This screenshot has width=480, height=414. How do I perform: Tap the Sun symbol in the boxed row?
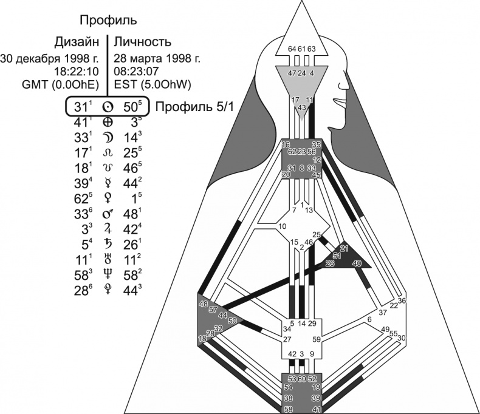pyautogui.click(x=107, y=107)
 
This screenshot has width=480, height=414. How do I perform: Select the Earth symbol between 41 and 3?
pyautogui.click(x=107, y=122)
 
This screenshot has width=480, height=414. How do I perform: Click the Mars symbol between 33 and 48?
pyautogui.click(x=107, y=213)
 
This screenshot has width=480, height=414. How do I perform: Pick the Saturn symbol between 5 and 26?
pyautogui.click(x=107, y=243)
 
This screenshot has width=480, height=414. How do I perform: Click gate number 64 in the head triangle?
pyautogui.click(x=291, y=49)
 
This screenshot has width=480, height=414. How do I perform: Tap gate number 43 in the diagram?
pyautogui.click(x=302, y=107)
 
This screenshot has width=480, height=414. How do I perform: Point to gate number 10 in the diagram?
pyautogui.click(x=283, y=227)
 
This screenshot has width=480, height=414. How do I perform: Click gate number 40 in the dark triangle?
pyautogui.click(x=357, y=263)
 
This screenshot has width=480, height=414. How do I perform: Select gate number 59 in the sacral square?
pyautogui.click(x=315, y=340)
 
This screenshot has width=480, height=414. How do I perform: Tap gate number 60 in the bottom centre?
pyautogui.click(x=301, y=379)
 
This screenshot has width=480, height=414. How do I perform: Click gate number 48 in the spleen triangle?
pyautogui.click(x=202, y=303)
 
